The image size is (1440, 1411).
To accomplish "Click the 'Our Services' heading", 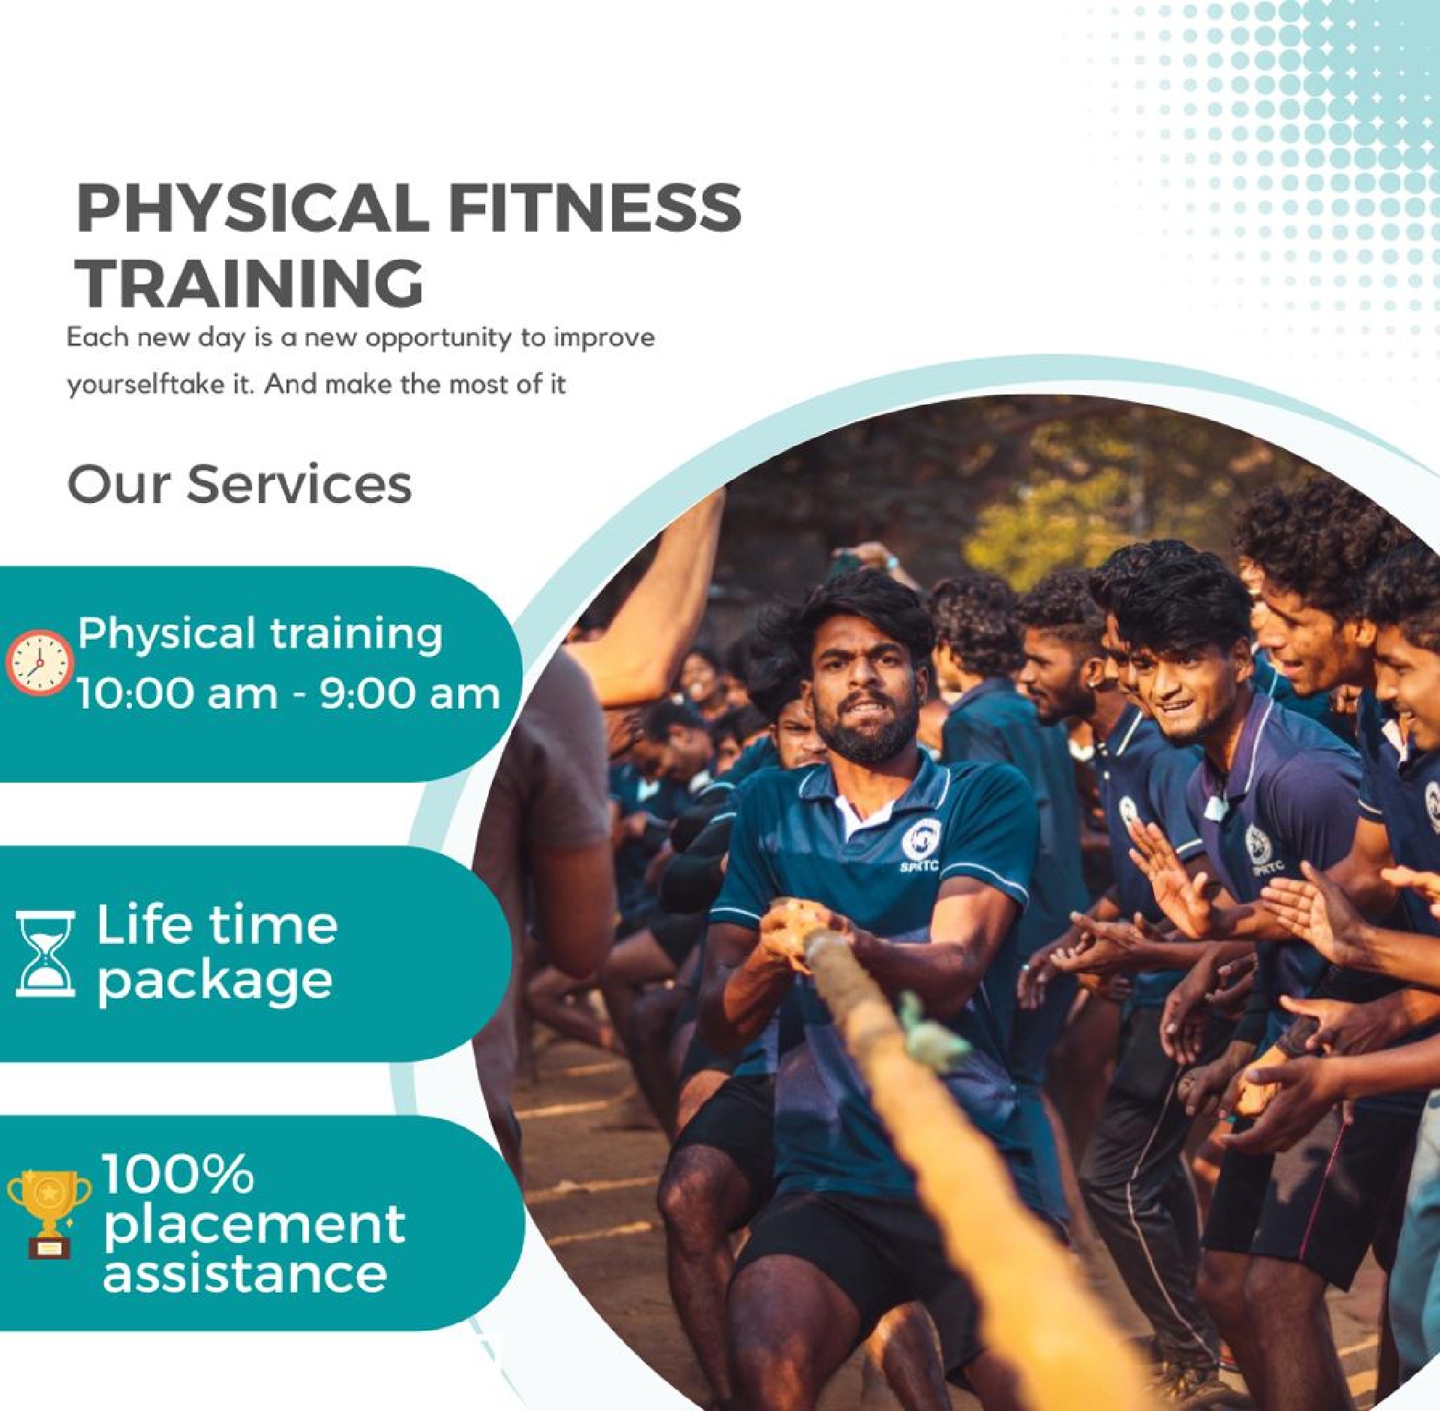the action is click(239, 484).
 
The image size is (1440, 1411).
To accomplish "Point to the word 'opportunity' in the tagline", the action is click(439, 339).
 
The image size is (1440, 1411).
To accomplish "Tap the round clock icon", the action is click(39, 662).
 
